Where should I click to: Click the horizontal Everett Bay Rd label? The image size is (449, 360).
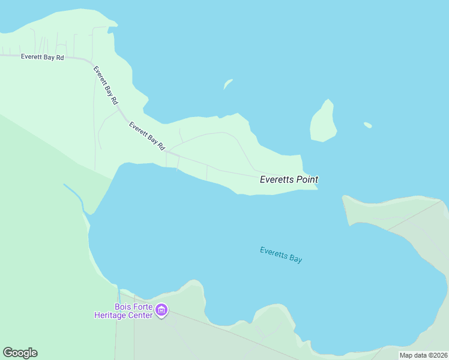point(42,57)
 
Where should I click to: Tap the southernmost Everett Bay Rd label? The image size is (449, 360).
point(147,137)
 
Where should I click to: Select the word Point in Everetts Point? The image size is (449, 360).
point(307,179)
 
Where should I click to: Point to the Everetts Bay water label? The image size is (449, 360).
point(281,255)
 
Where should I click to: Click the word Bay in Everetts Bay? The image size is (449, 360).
point(295,259)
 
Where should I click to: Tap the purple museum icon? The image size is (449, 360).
point(161,310)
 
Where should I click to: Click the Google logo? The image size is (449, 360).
point(20,353)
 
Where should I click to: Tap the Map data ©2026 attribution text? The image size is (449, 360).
point(424,355)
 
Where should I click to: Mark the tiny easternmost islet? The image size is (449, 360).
point(367,125)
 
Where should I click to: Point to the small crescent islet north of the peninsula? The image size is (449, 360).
point(228,84)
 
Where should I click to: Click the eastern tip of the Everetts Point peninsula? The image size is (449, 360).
point(315,187)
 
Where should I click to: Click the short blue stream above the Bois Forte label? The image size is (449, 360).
point(119,294)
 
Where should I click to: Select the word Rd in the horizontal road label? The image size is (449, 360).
point(60,57)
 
